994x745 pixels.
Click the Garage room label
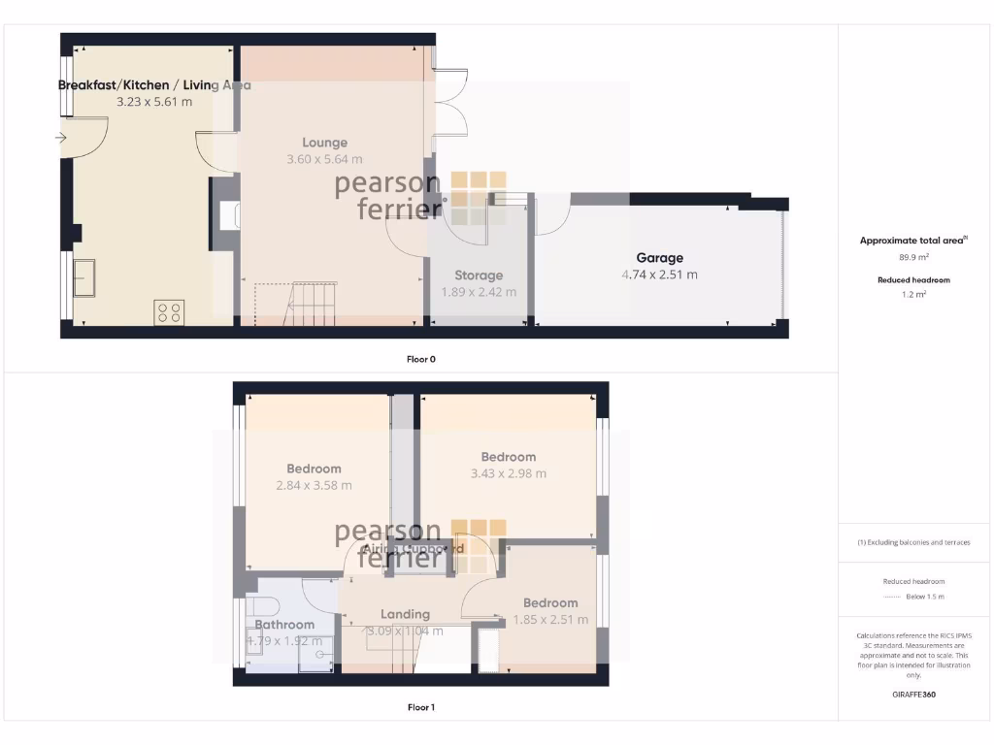(x=659, y=258)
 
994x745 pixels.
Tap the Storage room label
(x=479, y=275)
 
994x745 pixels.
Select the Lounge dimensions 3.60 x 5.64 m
(x=324, y=159)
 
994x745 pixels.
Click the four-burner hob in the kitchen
(x=168, y=311)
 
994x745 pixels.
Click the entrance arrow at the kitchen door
(x=61, y=138)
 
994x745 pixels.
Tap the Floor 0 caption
(x=420, y=359)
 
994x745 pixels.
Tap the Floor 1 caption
(x=420, y=707)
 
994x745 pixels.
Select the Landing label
(x=405, y=614)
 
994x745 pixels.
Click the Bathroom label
(x=284, y=625)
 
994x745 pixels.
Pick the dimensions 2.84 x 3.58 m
(x=314, y=485)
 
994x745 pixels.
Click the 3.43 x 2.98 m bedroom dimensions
(x=508, y=473)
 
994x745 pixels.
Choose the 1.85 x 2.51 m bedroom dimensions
(x=550, y=620)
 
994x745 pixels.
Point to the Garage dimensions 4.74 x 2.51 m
(x=659, y=275)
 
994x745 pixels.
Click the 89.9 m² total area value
(x=913, y=257)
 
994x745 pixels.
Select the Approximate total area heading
(x=912, y=241)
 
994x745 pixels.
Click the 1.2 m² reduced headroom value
(x=913, y=294)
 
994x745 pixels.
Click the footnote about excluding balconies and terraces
(x=913, y=542)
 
